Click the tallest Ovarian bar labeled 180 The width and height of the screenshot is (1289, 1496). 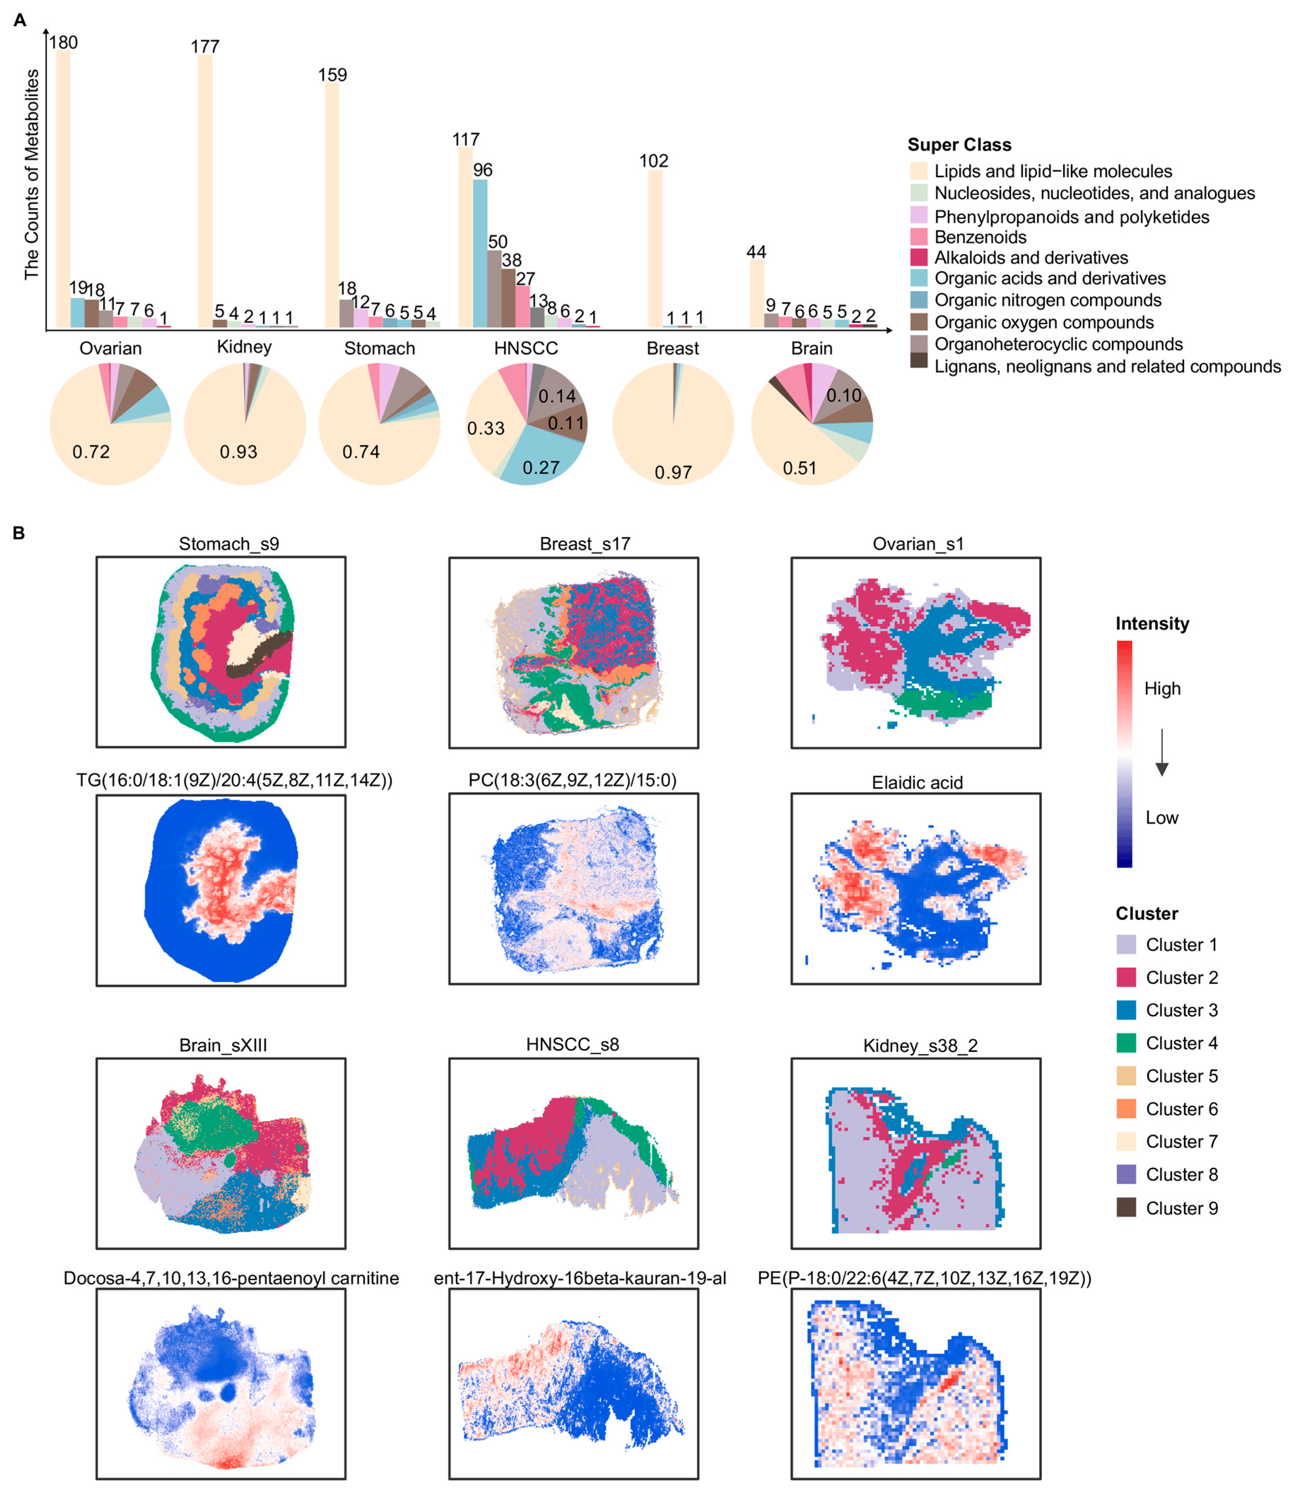(63, 188)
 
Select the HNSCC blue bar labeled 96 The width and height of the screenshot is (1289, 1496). (479, 253)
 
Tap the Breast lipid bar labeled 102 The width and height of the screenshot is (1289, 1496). (655, 249)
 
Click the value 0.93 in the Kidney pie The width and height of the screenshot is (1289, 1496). (238, 452)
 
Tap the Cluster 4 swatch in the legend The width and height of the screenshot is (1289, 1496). (1126, 1043)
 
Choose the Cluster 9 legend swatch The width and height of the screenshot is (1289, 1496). (1126, 1207)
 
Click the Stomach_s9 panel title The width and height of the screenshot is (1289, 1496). (229, 544)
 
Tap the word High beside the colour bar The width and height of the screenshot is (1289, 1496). (1162, 688)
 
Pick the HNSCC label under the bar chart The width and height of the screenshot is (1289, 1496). (526, 348)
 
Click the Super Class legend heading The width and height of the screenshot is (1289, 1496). (959, 145)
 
